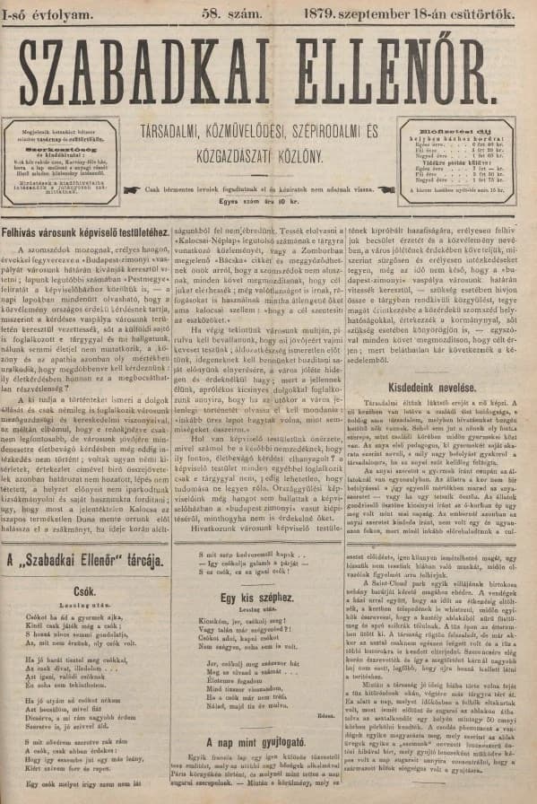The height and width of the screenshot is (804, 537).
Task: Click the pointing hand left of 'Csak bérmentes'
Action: coord(134,188)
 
